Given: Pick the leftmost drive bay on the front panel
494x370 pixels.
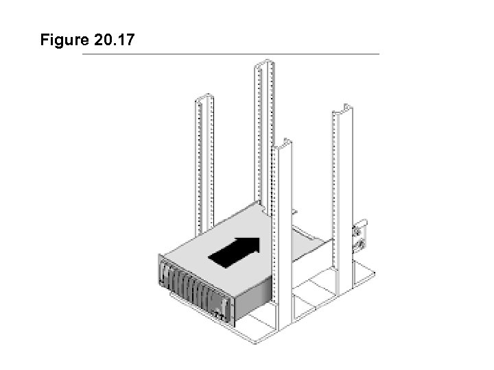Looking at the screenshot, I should pos(169,277).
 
